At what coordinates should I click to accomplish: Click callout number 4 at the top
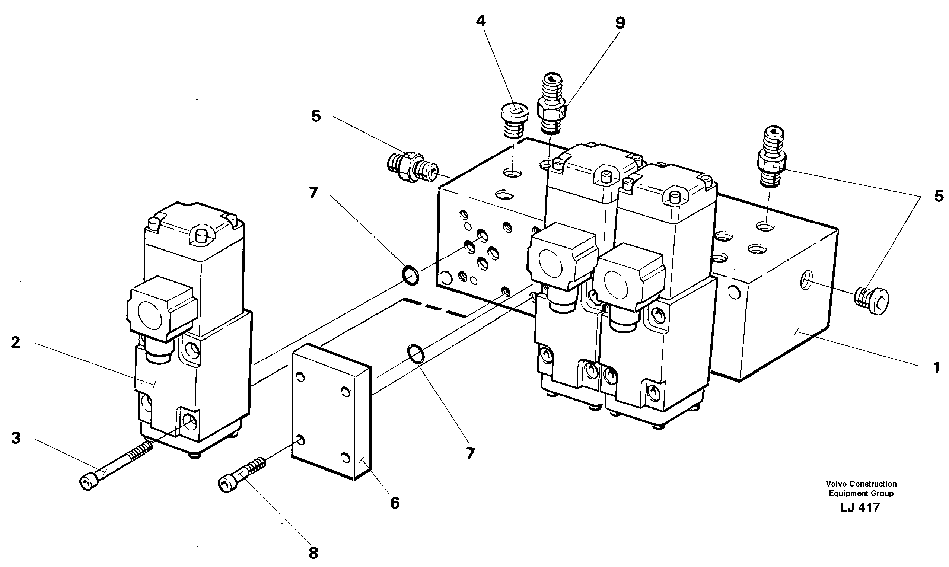pos(481,21)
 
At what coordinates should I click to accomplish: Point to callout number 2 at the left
pos(15,342)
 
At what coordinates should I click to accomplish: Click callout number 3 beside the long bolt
pos(16,438)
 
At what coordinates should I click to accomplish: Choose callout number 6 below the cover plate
pos(395,503)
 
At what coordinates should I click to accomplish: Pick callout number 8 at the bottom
pos(313,552)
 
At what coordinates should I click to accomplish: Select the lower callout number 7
pos(470,453)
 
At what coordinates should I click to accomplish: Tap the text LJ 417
pos(860,507)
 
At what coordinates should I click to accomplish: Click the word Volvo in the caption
pos(834,484)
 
